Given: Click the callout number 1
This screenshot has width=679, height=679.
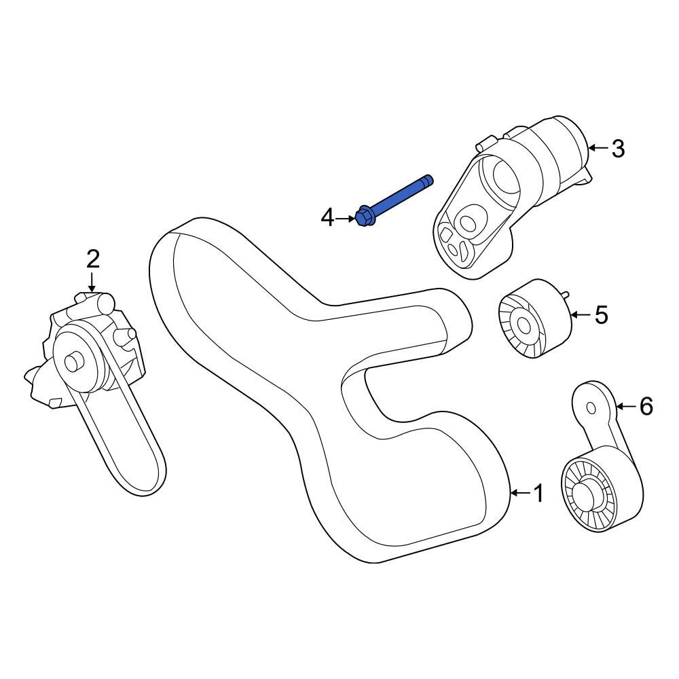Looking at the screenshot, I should (538, 494).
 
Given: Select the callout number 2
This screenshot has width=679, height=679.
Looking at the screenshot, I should (92, 259).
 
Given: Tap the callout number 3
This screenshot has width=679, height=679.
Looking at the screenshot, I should (617, 148).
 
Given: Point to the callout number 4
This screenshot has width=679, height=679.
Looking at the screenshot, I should (327, 218).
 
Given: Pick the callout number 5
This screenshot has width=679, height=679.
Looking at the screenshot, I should (601, 314).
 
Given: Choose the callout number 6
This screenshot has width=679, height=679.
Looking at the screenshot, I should (645, 406).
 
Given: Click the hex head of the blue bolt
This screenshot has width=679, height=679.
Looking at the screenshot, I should (363, 217).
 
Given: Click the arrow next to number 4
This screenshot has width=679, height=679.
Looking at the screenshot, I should (345, 218).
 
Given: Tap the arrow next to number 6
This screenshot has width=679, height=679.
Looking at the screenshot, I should (626, 406).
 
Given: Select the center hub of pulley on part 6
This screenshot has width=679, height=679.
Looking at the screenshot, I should (587, 494).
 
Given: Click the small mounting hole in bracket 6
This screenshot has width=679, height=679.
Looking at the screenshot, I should (591, 408).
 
